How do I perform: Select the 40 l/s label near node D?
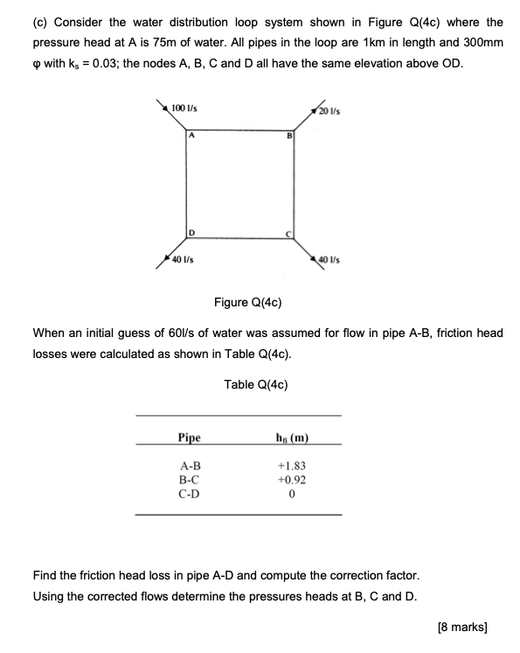pyautogui.click(x=183, y=259)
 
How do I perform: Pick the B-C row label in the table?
pyautogui.click(x=189, y=480)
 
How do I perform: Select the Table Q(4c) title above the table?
pyautogui.click(x=256, y=384)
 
